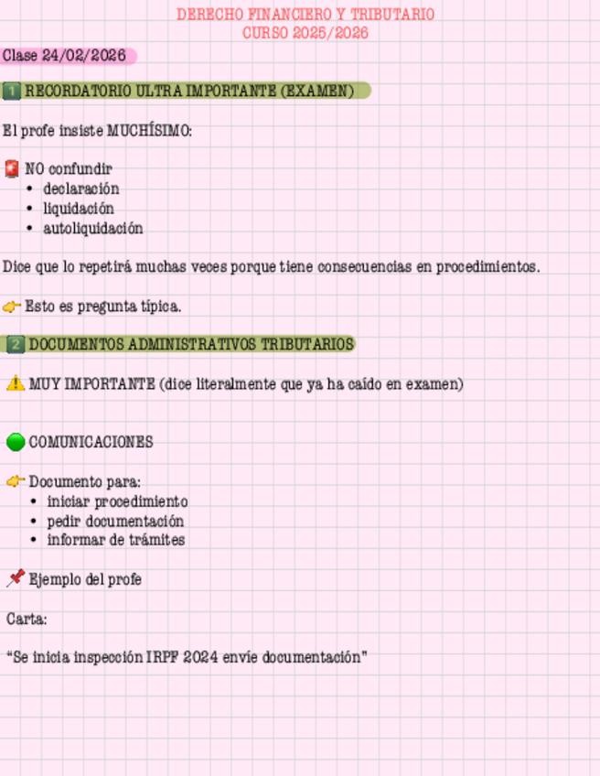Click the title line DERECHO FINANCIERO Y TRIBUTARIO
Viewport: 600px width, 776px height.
pyautogui.click(x=305, y=15)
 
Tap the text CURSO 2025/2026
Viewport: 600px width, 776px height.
pyautogui.click(x=305, y=33)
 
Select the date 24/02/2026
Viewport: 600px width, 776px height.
pyautogui.click(x=83, y=56)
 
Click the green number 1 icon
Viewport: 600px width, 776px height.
pyautogui.click(x=12, y=91)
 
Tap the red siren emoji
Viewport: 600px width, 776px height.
pyautogui.click(x=12, y=168)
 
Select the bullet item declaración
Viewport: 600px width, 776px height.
pyautogui.click(x=80, y=189)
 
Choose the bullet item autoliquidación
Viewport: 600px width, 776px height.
pyautogui.click(x=92, y=228)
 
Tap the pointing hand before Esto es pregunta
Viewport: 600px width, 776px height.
pyautogui.click(x=12, y=307)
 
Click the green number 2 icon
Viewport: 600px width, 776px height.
pyautogui.click(x=16, y=345)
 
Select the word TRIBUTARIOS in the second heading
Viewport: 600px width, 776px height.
pyautogui.click(x=307, y=345)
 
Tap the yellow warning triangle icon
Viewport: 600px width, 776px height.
pyautogui.click(x=15, y=383)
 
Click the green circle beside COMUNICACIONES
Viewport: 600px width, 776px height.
pyautogui.click(x=16, y=442)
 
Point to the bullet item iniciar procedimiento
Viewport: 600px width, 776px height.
pyautogui.click(x=117, y=501)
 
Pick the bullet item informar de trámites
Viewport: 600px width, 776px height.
pyautogui.click(x=115, y=540)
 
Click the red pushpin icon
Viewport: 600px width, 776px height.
pyautogui.click(x=16, y=578)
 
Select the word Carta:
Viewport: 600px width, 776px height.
pyautogui.click(x=27, y=619)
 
